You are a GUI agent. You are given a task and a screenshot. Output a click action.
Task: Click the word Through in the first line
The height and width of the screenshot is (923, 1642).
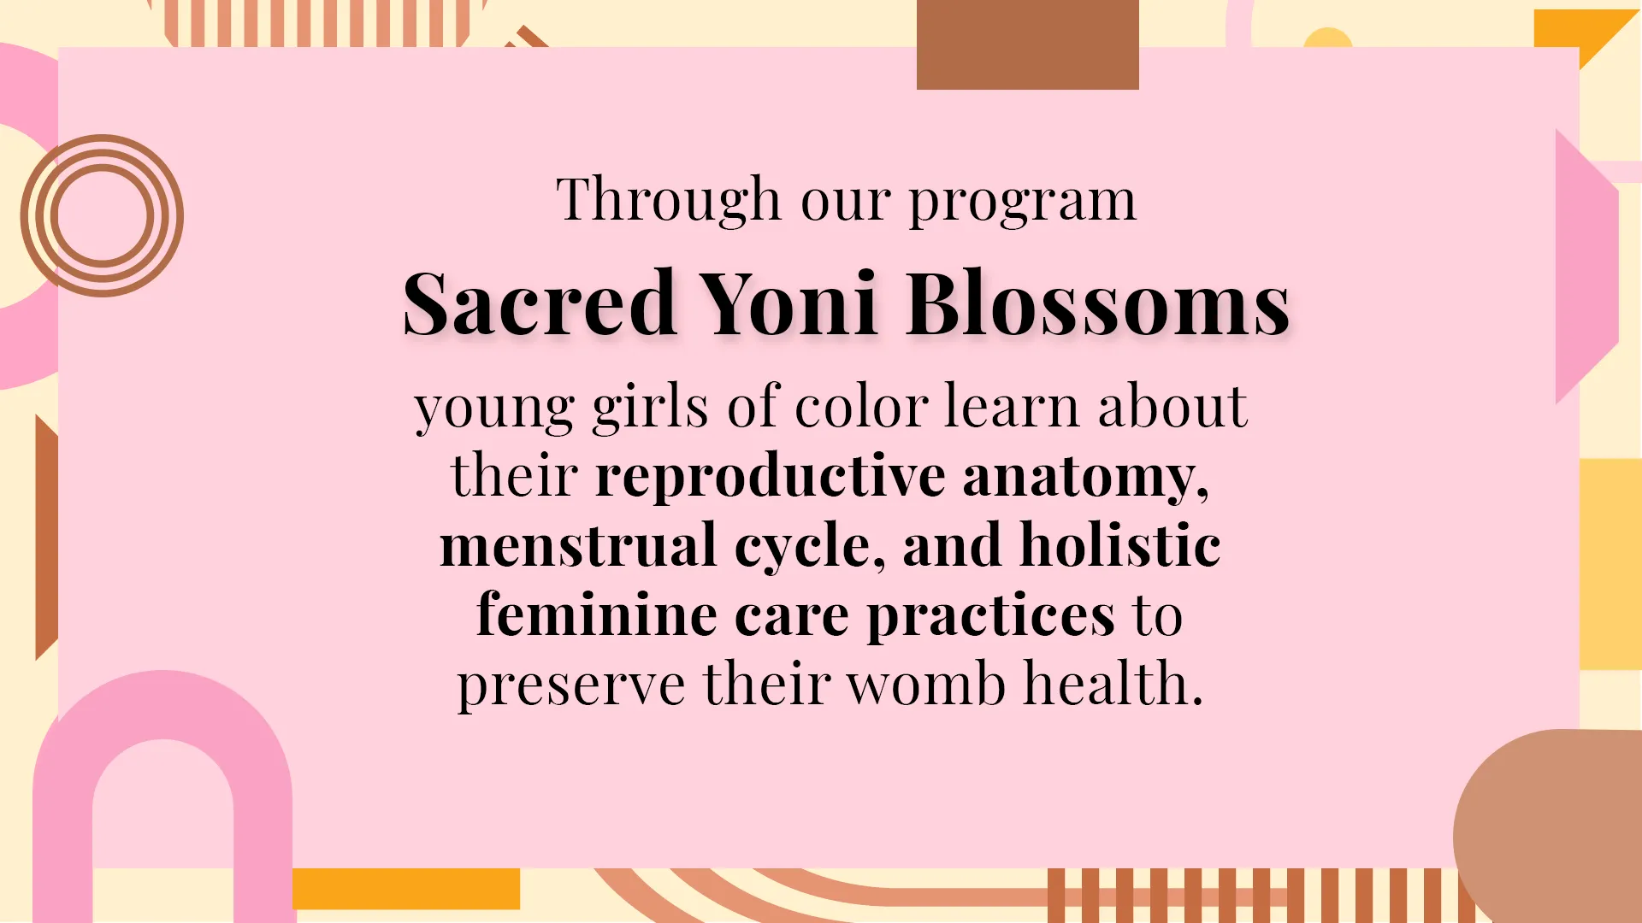click(669, 199)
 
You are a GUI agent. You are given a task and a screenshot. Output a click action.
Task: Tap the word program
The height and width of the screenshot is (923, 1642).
click(1023, 202)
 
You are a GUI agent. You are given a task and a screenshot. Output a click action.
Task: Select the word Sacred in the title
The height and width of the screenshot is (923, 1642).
click(540, 303)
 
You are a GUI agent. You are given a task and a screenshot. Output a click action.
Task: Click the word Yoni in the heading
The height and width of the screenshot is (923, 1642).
click(789, 303)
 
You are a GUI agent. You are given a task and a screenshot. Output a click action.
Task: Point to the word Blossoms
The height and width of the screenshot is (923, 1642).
click(1098, 303)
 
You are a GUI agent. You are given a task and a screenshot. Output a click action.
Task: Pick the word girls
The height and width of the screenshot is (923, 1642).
click(650, 408)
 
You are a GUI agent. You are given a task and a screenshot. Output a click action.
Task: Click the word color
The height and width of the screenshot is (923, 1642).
click(861, 407)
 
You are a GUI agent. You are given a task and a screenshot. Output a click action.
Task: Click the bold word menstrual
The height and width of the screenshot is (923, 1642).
click(578, 545)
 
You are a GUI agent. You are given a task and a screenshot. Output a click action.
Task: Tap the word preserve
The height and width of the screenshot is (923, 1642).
click(570, 686)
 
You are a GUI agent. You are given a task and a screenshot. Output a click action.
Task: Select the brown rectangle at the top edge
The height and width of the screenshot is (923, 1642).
click(1028, 44)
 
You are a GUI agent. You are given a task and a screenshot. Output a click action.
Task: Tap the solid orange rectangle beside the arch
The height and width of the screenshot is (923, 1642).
click(406, 889)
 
